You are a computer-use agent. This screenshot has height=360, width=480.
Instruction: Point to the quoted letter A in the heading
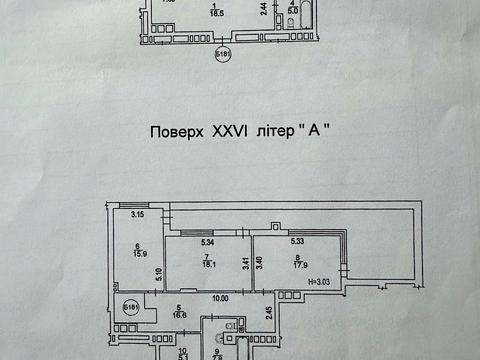[321, 131]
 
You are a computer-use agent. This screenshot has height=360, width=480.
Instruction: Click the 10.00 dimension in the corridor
[219, 298]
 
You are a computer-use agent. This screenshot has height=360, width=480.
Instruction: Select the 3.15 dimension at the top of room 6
[140, 215]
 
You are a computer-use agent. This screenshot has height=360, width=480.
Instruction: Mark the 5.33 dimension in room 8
[297, 240]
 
